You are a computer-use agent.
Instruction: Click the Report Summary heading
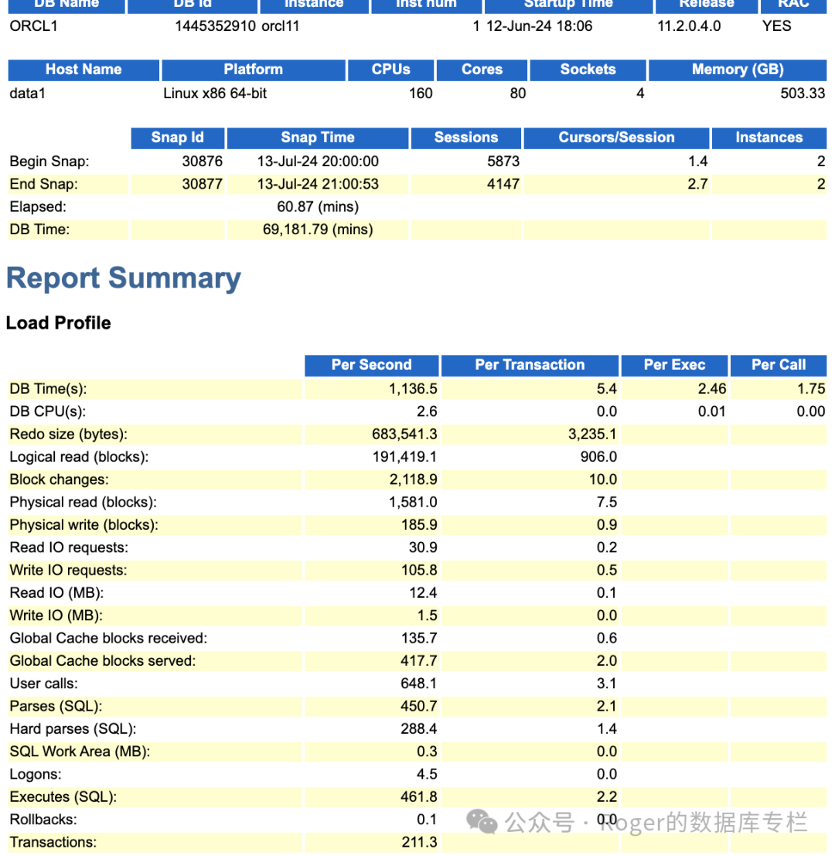click(x=124, y=279)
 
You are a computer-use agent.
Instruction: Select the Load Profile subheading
click(x=59, y=323)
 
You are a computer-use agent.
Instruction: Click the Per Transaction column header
click(x=530, y=365)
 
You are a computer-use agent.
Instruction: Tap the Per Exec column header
click(x=674, y=365)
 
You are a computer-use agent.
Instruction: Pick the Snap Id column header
click(x=177, y=138)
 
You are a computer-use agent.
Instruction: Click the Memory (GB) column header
click(x=737, y=70)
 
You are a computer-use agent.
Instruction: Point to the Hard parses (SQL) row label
click(x=73, y=728)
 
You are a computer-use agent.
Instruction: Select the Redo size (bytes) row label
click(x=69, y=434)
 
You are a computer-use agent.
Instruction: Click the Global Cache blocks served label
click(x=103, y=660)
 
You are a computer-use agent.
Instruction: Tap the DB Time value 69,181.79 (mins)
click(x=318, y=230)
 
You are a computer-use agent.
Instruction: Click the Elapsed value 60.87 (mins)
click(x=318, y=206)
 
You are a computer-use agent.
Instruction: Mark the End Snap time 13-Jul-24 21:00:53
click(x=318, y=184)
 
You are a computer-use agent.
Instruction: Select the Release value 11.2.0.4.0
click(x=689, y=26)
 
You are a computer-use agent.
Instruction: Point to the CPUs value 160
click(x=421, y=94)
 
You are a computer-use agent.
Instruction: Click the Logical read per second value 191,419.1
click(x=404, y=457)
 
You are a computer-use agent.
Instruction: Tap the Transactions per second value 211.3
click(x=420, y=842)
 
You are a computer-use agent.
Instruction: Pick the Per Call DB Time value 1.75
click(x=811, y=388)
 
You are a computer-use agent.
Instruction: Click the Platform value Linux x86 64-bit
click(x=216, y=94)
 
